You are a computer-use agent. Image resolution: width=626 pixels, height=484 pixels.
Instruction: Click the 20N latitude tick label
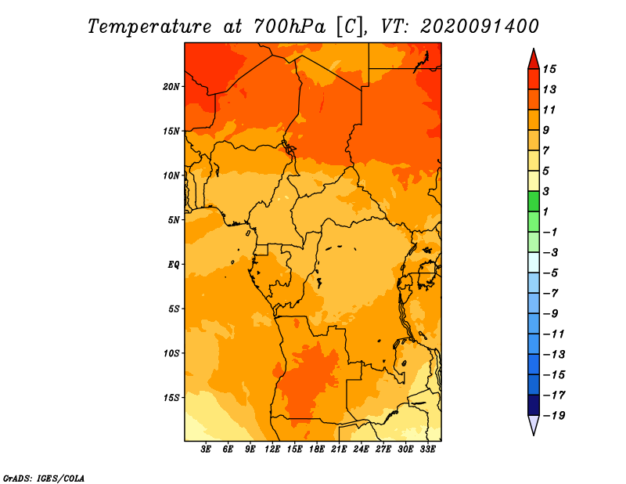tap(171, 87)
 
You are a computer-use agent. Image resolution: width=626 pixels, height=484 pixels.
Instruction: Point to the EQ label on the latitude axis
tap(174, 265)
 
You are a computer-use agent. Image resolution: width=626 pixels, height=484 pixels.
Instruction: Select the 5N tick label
tap(174, 220)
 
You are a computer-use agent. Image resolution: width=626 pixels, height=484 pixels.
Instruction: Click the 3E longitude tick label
tap(206, 450)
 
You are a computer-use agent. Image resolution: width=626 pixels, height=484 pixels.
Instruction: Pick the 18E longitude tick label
tap(317, 450)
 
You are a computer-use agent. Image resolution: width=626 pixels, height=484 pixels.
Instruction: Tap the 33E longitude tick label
tap(427, 450)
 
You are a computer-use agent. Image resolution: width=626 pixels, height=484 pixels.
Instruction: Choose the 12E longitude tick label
tap(272, 450)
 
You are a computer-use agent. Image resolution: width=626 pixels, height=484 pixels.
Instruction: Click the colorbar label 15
tap(549, 69)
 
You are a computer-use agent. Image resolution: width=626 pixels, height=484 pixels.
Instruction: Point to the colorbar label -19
tap(554, 416)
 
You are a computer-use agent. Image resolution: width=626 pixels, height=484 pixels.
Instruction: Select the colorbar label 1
tap(545, 211)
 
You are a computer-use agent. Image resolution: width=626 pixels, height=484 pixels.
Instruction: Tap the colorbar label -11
tap(554, 334)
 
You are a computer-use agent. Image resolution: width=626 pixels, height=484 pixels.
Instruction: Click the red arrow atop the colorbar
tap(534, 60)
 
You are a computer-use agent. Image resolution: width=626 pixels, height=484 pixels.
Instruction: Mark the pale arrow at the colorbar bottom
tap(534, 424)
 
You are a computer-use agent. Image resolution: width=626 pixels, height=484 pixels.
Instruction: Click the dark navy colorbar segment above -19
tap(534, 405)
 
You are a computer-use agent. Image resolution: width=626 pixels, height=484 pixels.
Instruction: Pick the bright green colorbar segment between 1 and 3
tap(534, 201)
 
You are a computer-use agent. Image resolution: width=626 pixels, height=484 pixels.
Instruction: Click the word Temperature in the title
tap(149, 27)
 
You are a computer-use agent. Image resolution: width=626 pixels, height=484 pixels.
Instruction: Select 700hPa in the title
tap(290, 27)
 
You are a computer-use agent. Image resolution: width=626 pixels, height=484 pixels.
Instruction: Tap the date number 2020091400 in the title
tap(480, 27)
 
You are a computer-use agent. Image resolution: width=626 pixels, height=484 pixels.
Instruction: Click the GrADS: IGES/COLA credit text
tap(44, 478)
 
